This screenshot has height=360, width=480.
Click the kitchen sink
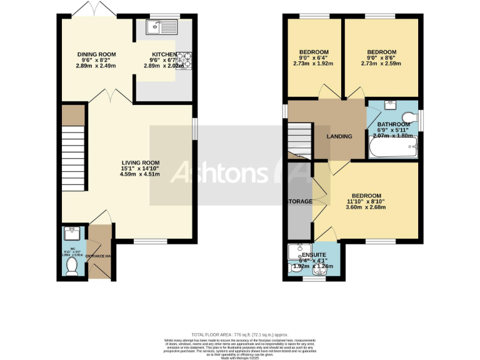(161, 27)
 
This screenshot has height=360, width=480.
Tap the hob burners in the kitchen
(186, 61)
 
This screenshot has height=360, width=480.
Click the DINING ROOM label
(96, 54)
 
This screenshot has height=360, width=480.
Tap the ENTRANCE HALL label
(100, 256)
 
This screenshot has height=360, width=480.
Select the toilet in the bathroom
(409, 117)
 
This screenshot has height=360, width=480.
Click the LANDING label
(339, 137)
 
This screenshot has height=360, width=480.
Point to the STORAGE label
(299, 202)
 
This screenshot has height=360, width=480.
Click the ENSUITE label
(314, 255)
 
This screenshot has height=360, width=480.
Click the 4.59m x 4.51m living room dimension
(136, 174)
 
